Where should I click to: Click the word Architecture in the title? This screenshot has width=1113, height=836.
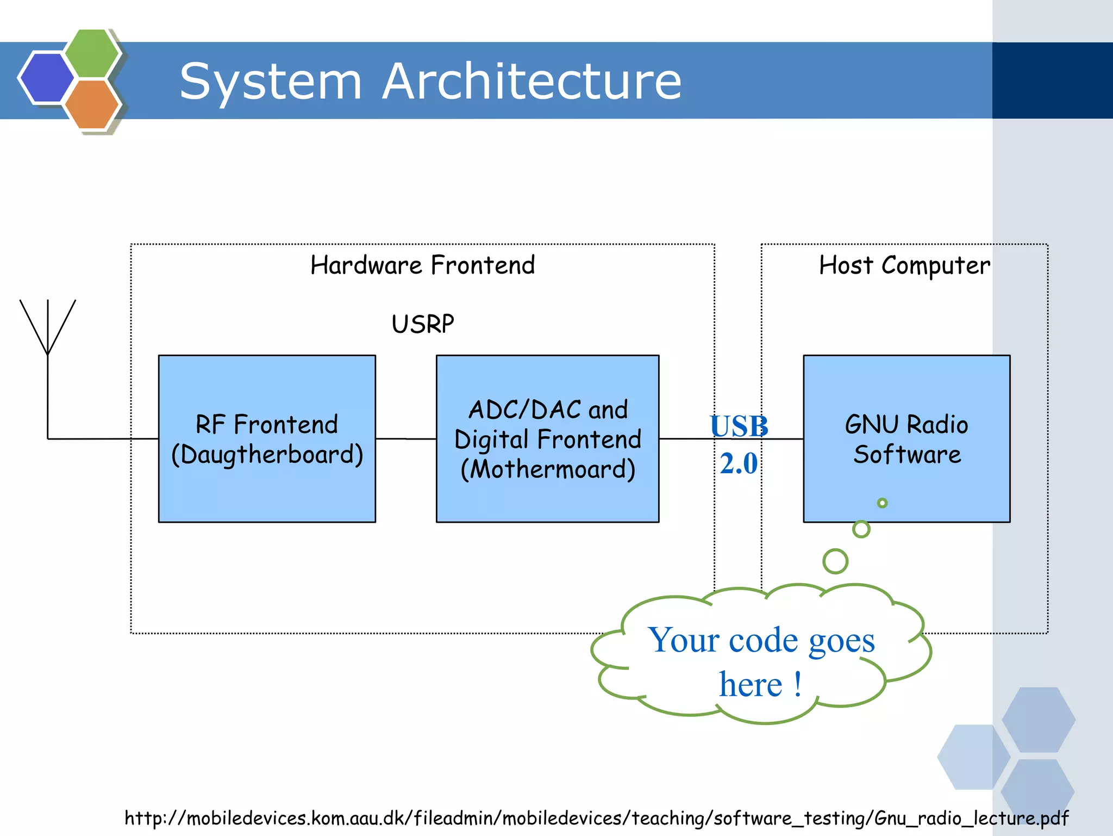pos(532,82)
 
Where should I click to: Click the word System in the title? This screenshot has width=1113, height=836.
pos(270,82)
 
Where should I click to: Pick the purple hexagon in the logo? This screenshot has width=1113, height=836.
pos(46,77)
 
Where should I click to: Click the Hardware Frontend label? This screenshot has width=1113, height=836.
pos(422,265)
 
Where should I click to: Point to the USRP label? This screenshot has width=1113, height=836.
pos(422,324)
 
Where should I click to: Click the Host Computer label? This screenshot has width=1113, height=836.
pos(904,265)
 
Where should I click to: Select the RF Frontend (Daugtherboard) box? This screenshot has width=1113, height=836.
pos(267,438)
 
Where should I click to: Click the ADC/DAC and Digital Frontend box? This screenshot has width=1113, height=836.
pos(547,438)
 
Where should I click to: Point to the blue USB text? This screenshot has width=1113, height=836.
pos(739,426)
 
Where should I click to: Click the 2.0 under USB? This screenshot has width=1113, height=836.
pos(739,463)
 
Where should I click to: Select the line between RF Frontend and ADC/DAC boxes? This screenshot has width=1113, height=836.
pos(405,438)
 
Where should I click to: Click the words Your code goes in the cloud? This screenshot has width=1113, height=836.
pos(761,640)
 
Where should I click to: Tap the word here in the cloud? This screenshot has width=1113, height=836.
pos(751,684)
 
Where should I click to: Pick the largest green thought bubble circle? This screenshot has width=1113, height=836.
pos(835,561)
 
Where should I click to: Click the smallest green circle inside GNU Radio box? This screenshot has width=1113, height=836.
pos(882,503)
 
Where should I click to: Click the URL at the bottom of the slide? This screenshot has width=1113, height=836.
pos(596,818)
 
